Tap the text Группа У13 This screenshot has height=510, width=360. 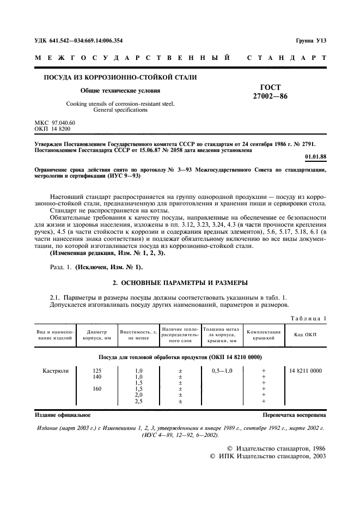(x=311, y=40)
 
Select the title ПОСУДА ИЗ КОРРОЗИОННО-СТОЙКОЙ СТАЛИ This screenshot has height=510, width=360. (x=120, y=77)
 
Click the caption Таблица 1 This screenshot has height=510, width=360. (x=308, y=318)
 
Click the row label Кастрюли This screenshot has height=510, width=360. (x=56, y=371)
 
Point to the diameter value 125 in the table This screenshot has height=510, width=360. (x=97, y=371)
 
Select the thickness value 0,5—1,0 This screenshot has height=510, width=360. (x=222, y=371)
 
